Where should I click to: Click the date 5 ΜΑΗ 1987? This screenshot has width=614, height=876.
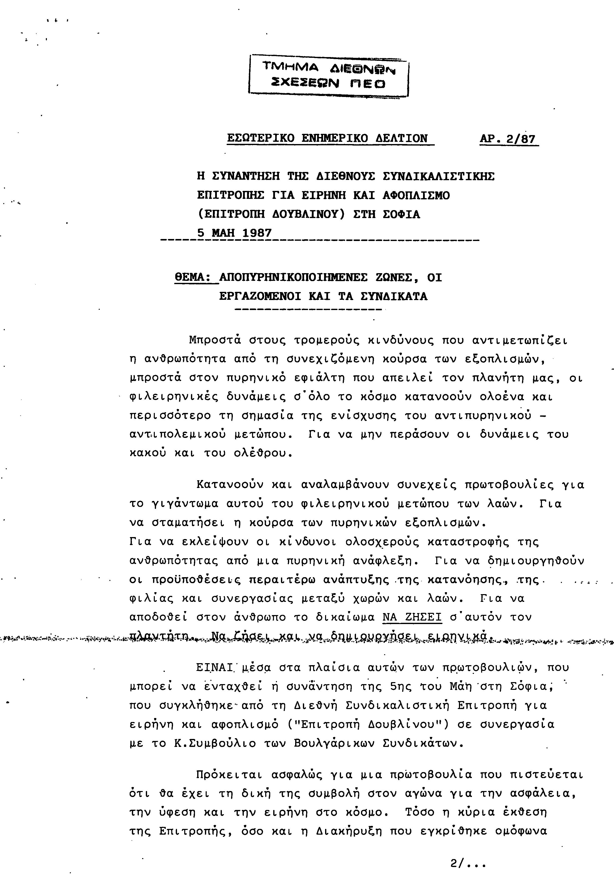tap(234, 233)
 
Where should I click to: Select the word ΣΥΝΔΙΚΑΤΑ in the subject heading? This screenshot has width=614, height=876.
tap(394, 297)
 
